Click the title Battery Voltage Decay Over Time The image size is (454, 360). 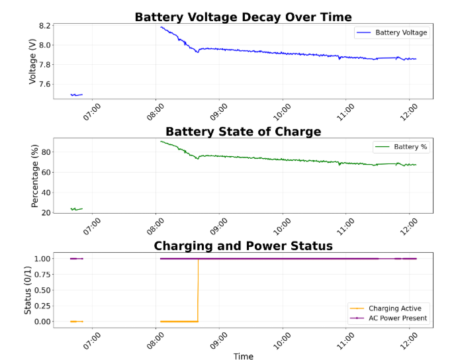(x=243, y=17)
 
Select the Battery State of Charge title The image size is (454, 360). (x=243, y=132)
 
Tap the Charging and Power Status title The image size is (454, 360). (x=243, y=246)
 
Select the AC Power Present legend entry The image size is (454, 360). (x=398, y=318)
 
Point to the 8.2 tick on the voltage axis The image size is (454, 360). (x=45, y=26)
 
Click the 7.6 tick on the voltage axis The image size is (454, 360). (x=45, y=84)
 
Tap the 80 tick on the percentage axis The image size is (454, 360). (x=46, y=152)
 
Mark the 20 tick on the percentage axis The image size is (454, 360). (x=46, y=212)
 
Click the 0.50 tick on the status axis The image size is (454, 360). (x=42, y=290)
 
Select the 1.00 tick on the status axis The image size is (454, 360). (x=42, y=258)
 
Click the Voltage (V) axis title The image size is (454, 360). (x=33, y=60)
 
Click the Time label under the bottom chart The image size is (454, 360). (x=243, y=356)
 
